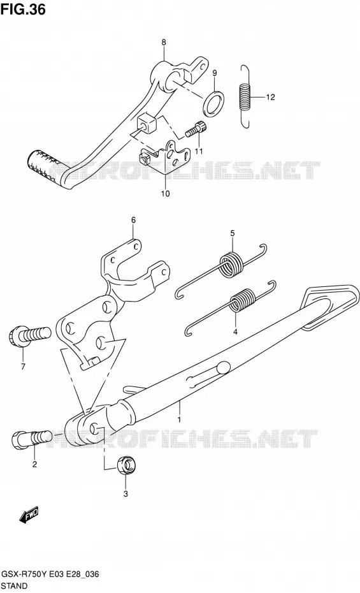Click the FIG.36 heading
point(23,8)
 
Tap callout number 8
point(164,42)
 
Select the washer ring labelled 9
point(213,103)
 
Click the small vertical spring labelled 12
point(245,96)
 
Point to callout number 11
point(199,151)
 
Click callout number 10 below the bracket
point(166,194)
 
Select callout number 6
point(133,220)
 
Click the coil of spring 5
point(231,265)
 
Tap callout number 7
point(23,367)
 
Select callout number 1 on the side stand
point(180,420)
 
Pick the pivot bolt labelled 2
point(32,439)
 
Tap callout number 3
point(126,494)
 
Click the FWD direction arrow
point(29,515)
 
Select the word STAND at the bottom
point(14,586)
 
